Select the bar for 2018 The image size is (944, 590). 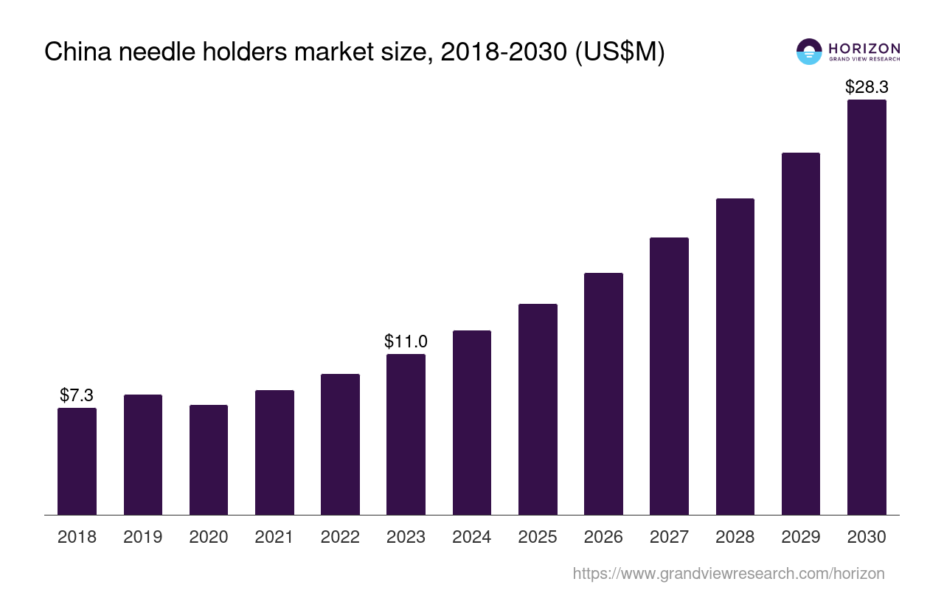pyautogui.click(x=77, y=461)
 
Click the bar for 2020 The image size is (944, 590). pyautogui.click(x=209, y=459)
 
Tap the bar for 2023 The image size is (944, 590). pyautogui.click(x=406, y=434)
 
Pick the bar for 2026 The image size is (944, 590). pyautogui.click(x=603, y=394)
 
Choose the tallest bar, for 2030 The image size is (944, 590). pyautogui.click(x=867, y=307)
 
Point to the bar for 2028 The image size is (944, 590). pyautogui.click(x=735, y=356)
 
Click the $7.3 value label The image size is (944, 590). pyautogui.click(x=77, y=395)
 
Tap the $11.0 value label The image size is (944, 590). pyautogui.click(x=406, y=341)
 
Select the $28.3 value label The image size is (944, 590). pyautogui.click(x=867, y=87)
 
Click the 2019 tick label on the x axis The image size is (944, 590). pyautogui.click(x=143, y=537)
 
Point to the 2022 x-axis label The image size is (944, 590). pyautogui.click(x=340, y=537)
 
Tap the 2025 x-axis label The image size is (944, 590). pyautogui.click(x=538, y=537)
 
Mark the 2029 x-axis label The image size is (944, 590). pyautogui.click(x=801, y=537)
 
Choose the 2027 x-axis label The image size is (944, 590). pyautogui.click(x=669, y=537)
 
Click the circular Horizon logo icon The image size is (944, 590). pyautogui.click(x=809, y=52)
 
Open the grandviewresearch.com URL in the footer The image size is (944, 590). pyautogui.click(x=728, y=573)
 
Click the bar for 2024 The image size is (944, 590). pyautogui.click(x=472, y=423)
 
